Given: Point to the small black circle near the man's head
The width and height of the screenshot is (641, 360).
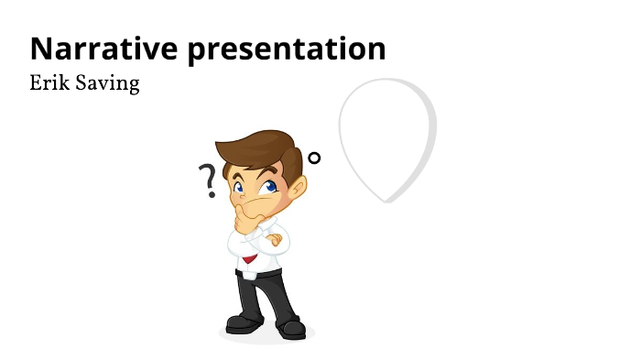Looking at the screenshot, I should point(314,158).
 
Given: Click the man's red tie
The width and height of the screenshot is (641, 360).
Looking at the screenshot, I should point(250,260).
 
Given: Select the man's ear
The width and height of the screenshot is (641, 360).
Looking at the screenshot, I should point(298,187).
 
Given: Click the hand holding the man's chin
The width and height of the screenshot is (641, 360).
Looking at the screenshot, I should point(244,216).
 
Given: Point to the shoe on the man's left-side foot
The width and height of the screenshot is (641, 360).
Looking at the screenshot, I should point(243,322).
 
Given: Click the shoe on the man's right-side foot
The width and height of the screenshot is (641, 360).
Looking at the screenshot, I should point(291,326).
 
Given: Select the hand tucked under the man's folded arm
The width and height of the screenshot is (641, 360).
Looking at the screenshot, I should point(274,241).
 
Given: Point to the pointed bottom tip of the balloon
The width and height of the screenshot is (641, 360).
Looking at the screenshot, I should point(389,199).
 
